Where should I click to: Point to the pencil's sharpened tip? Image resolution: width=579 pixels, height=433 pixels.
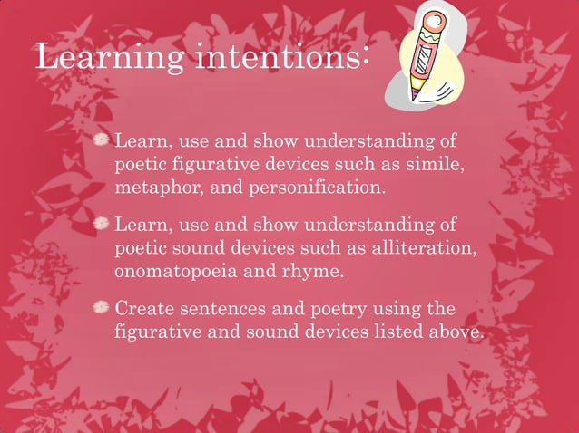coord(415,94)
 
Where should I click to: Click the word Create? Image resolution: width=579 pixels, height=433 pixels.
coord(145,309)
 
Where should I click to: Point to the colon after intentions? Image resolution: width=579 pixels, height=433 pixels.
coord(364,60)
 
